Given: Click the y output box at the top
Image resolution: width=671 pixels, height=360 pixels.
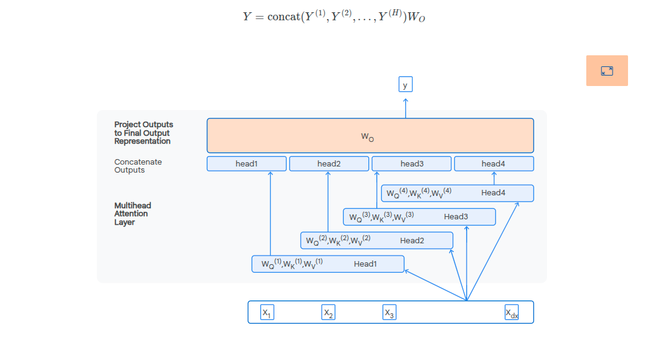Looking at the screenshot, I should [405, 84].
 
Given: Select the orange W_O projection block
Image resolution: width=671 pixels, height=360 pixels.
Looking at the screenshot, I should [370, 136].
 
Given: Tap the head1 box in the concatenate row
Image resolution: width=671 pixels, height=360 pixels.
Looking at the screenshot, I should [246, 164].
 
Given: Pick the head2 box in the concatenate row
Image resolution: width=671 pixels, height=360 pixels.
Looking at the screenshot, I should [329, 164].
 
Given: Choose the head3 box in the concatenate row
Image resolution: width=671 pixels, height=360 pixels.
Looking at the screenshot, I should [412, 164].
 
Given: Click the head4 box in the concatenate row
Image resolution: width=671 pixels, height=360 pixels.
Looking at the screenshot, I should [494, 164].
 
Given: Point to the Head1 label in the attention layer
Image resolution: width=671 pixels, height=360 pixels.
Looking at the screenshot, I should [365, 264].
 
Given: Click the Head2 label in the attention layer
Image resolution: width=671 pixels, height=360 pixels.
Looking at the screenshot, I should [412, 241].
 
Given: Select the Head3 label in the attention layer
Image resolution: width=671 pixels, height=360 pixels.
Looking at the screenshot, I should [456, 217].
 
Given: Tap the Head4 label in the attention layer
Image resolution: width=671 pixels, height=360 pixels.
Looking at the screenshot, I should [494, 193].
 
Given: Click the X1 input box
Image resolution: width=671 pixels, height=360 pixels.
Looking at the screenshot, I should [267, 312].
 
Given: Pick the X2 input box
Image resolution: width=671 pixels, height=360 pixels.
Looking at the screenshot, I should [328, 312].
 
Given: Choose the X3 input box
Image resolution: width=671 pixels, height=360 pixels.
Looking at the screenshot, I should [389, 312].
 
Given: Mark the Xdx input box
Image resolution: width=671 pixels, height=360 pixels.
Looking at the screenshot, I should [511, 312].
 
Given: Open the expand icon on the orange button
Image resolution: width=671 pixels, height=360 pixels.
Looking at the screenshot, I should [607, 71].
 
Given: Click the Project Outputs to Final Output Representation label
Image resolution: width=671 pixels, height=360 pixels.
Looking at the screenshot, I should [144, 133].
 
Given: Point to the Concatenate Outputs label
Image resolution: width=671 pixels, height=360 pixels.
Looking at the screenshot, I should [138, 166].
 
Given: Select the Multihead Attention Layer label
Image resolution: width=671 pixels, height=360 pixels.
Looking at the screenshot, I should [133, 214].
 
